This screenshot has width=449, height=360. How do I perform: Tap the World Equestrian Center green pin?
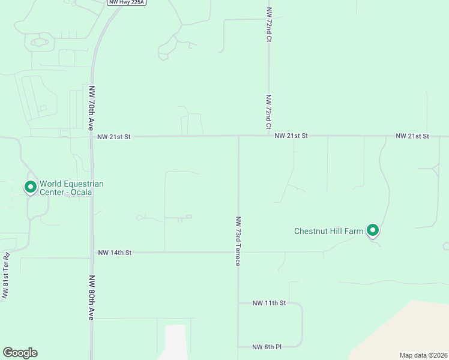click(30, 187)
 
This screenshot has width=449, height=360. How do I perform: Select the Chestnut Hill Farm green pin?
click(373, 230)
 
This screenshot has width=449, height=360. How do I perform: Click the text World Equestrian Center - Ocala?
click(71, 188)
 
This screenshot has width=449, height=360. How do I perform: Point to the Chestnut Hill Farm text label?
click(329, 231)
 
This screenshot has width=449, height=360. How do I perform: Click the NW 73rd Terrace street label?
click(238, 241)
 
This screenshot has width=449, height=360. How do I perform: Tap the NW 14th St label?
click(115, 253)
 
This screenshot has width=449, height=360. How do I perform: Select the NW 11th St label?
click(269, 303)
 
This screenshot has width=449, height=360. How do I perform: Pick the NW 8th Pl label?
click(267, 347)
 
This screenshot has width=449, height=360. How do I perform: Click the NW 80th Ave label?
click(92, 298)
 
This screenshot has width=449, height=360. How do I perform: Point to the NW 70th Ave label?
click(92, 108)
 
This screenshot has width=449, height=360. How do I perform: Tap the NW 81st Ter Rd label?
click(6, 276)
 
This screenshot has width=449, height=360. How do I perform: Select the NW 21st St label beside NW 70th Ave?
click(114, 137)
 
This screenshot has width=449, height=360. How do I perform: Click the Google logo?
click(20, 353)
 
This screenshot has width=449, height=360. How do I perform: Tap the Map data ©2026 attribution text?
click(423, 355)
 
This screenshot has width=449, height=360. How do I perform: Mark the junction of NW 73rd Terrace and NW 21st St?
click(239, 136)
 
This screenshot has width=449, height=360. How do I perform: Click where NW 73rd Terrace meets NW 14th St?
click(238, 252)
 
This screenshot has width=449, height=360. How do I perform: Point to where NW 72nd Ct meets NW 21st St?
click(268, 136)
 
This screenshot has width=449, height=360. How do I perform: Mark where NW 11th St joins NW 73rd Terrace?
click(238, 303)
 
